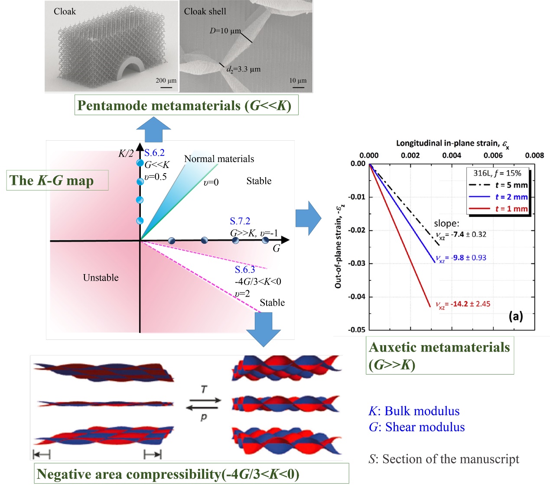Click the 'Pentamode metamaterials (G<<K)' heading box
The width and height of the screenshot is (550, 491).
(x=186, y=105)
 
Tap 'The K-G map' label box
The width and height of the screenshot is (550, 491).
(x=58, y=180)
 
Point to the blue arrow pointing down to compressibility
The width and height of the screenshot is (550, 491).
(x=263, y=329)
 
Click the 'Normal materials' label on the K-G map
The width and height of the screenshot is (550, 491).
(x=219, y=158)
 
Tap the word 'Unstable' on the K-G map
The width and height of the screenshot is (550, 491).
(x=101, y=278)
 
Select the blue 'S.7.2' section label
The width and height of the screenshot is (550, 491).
(x=240, y=221)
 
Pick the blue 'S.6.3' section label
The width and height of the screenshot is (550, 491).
(x=245, y=269)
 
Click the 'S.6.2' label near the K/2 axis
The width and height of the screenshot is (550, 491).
(x=154, y=153)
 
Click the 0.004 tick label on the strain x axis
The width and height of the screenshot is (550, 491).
(x=452, y=155)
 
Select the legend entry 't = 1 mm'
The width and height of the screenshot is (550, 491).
(x=511, y=209)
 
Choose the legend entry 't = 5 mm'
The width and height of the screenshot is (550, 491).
(x=511, y=185)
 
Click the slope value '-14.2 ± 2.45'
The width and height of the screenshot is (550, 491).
(x=470, y=304)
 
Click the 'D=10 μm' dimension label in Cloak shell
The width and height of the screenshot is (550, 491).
(x=225, y=31)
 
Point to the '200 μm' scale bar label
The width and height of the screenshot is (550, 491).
(x=166, y=81)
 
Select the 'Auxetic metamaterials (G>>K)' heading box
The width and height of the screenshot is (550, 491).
(x=439, y=355)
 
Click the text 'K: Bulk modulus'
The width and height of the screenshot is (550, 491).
(x=414, y=411)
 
